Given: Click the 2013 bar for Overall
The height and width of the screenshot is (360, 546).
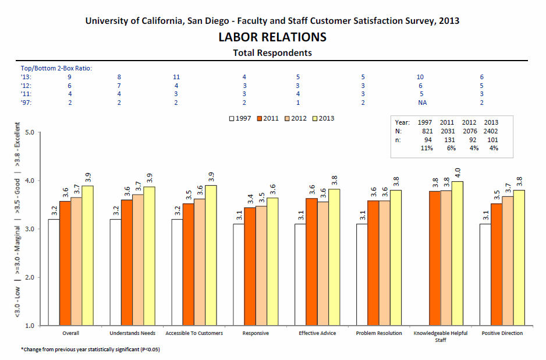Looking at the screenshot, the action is [88, 256].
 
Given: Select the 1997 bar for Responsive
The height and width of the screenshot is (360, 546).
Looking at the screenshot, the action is [239, 274].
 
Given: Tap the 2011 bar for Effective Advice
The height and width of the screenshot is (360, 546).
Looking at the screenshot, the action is [311, 262].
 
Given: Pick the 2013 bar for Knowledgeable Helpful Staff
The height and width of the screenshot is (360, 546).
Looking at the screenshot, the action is [457, 253].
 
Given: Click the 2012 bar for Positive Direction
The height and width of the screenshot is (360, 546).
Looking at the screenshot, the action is [508, 261].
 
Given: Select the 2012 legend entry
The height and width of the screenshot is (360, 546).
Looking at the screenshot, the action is [296, 118].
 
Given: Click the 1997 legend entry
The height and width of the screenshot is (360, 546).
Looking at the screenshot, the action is [240, 118].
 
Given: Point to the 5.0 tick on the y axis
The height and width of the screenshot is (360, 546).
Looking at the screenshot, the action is [30, 132].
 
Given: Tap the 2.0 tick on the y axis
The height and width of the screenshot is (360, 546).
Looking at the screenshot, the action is [30, 277].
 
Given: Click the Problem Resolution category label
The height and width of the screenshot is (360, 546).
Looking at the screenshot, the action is [379, 333].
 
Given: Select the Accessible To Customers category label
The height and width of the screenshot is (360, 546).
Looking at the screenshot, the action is [194, 333].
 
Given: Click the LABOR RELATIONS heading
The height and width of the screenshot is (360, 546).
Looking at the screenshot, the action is [272, 37].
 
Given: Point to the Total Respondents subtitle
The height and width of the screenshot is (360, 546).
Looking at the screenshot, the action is [272, 53].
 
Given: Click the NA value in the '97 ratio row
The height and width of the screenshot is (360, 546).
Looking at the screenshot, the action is [423, 103].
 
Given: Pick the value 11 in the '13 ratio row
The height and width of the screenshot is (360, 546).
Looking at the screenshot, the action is [176, 77].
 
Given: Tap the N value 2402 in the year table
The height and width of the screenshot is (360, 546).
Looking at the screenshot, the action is [491, 132].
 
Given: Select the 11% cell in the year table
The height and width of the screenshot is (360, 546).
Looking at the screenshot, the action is [427, 148].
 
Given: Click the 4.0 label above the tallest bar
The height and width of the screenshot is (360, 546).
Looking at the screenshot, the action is [458, 172].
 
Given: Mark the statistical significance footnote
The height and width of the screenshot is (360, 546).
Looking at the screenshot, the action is [90, 349].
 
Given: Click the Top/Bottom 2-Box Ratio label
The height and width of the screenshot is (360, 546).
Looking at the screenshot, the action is [56, 68].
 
